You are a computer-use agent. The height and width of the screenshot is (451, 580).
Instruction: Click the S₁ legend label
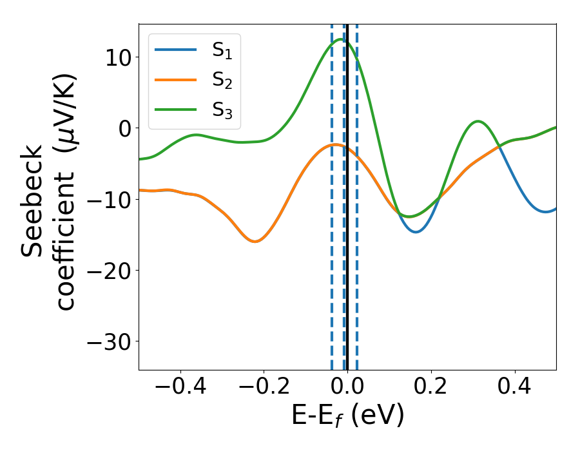(222, 51)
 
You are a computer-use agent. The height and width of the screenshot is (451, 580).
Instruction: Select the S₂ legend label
(222, 81)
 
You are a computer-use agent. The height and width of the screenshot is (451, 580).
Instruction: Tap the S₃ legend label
(222, 110)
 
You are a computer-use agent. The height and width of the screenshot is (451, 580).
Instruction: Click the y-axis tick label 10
(117, 57)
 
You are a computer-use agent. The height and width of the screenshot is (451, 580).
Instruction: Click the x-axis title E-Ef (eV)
(347, 416)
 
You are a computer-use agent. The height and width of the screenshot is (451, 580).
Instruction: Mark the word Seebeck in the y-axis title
(35, 200)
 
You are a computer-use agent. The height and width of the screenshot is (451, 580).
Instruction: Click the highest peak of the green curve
(341, 40)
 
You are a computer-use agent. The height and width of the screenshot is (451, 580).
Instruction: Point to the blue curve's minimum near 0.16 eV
(416, 231)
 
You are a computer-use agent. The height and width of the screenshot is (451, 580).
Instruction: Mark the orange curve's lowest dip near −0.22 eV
(255, 242)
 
